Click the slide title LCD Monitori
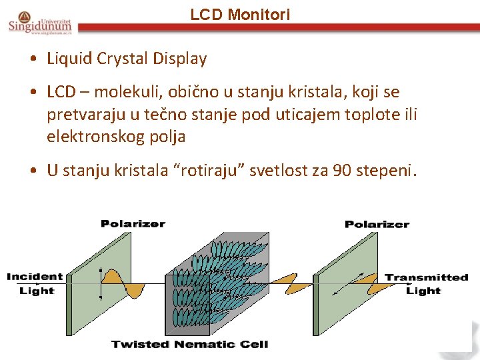(240, 14)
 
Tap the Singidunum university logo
(41, 22)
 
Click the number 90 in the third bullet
(342, 171)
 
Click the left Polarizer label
(133, 224)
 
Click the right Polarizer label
(377, 224)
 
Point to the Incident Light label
(35, 283)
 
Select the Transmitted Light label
(426, 283)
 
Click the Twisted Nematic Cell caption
(189, 344)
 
